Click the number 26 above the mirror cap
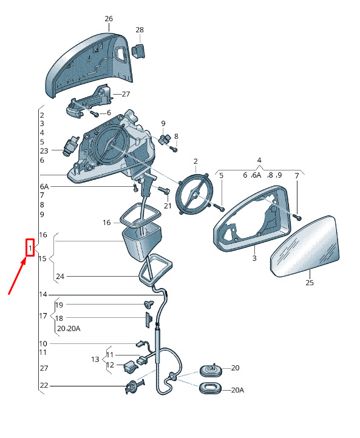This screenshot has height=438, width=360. pos(109,19)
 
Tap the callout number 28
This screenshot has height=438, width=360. pos(140,30)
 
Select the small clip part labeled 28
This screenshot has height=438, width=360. pos(138,51)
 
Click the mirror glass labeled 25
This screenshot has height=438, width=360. pos(305,246)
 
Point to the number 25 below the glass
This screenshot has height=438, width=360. pos(310,283)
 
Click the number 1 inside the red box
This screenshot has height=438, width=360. pos(30,248)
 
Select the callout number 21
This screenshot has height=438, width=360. pos(168,206)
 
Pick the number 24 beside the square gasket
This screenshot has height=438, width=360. pos(60,277)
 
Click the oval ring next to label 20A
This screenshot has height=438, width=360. pos(210,388)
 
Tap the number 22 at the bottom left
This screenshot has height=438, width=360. pos(44,385)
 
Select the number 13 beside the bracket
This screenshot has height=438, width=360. pos(95,359)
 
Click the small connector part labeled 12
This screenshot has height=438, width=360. pos(131,366)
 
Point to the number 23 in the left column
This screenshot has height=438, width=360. pos(44,151)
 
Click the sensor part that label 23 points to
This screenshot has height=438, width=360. pos(70,146)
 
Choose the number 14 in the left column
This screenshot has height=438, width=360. pos(43,294)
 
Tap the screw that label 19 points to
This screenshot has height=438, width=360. pos(148,304)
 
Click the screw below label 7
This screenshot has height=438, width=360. pos(298,217)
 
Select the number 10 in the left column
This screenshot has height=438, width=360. pos(43,343)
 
